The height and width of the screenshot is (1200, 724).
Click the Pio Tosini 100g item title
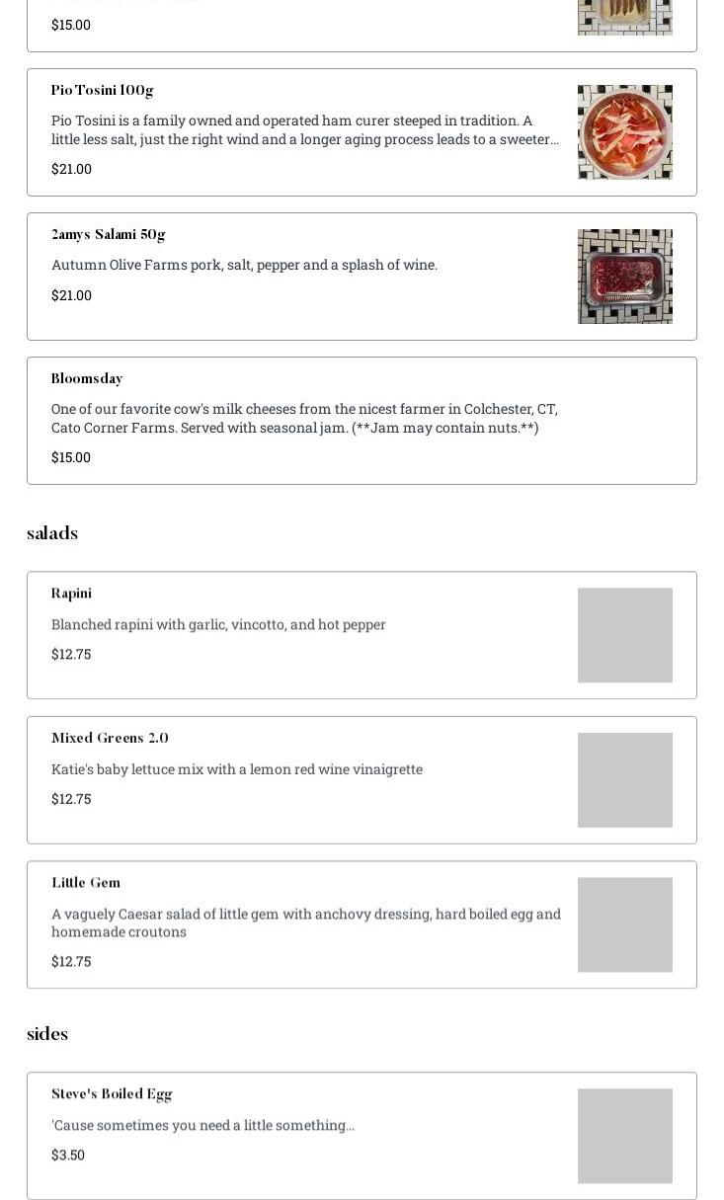102,90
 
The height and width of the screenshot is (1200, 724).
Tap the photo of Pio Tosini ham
624,132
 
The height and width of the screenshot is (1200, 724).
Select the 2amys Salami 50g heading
108,234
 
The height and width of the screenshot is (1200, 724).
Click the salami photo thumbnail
624,277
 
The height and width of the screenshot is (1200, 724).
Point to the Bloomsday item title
87,378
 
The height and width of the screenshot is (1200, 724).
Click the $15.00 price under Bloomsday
71,457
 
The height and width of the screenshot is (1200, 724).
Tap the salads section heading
52,533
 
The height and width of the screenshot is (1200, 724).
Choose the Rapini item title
71,593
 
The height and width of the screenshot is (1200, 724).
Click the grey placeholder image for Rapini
624,635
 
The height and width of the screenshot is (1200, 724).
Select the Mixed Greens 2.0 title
110,738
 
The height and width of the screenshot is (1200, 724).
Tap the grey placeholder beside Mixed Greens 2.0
624,780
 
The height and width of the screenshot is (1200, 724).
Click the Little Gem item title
86,882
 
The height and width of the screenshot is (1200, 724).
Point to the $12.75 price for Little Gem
71,961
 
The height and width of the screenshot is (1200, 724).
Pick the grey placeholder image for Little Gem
624,924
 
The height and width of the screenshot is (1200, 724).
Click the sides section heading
47,1034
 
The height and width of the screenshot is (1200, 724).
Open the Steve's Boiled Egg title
112,1093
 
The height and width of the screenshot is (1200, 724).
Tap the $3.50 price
68,1155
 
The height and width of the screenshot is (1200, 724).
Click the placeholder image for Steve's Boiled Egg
624,1136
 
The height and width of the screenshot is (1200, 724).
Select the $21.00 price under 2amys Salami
71,295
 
